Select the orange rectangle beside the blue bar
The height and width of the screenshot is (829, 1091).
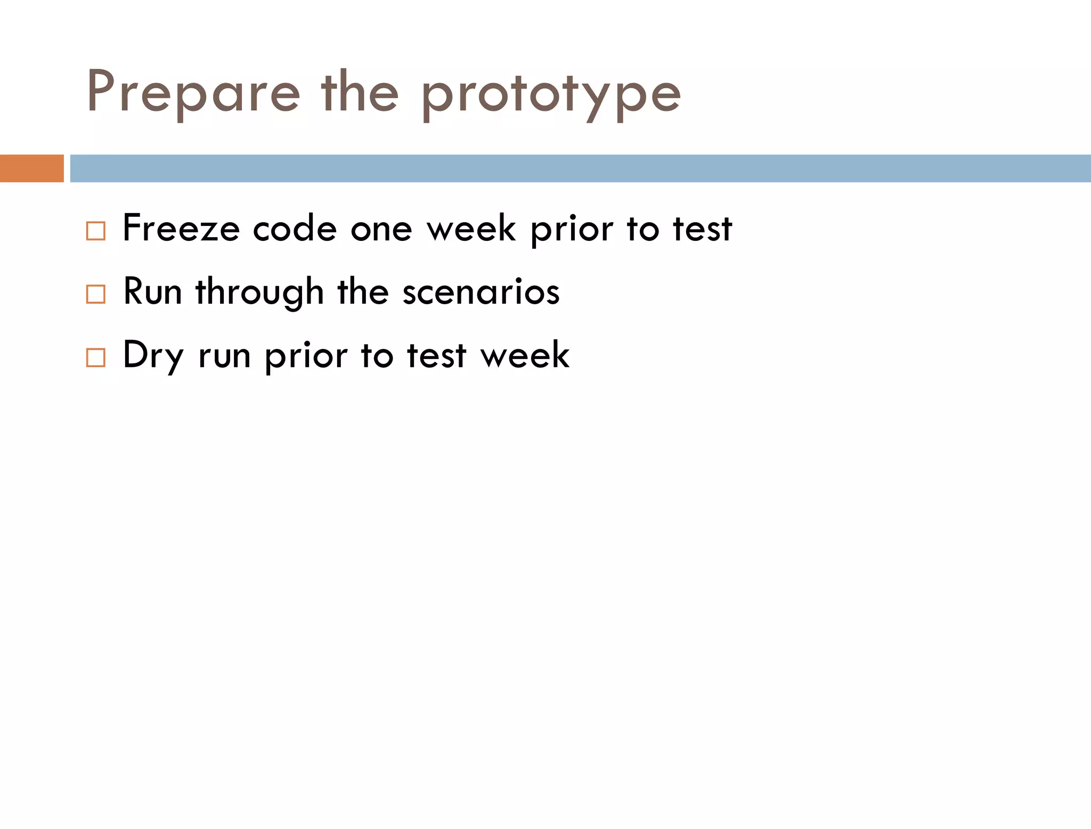pyautogui.click(x=31, y=168)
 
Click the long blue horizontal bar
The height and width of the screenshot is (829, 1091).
pyautogui.click(x=580, y=168)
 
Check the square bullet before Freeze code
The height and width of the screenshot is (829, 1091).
pyautogui.click(x=95, y=231)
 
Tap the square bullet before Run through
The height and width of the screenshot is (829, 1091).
pyautogui.click(x=95, y=294)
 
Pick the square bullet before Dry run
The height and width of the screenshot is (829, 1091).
pyautogui.click(x=95, y=357)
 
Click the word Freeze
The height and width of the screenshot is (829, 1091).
pyautogui.click(x=181, y=229)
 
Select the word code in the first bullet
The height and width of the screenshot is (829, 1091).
pyautogui.click(x=295, y=230)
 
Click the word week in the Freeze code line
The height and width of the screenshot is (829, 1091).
pyautogui.click(x=471, y=230)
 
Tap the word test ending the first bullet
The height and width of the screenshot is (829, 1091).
pyautogui.click(x=702, y=230)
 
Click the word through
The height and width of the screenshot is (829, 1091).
pyautogui.click(x=259, y=293)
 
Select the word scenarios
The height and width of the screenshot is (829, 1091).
pyautogui.click(x=481, y=293)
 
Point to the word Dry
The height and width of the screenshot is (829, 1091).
pyautogui.click(x=153, y=356)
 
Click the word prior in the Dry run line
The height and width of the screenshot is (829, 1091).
pyautogui.click(x=306, y=356)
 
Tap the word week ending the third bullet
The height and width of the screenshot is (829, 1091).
pyautogui.click(x=525, y=356)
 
